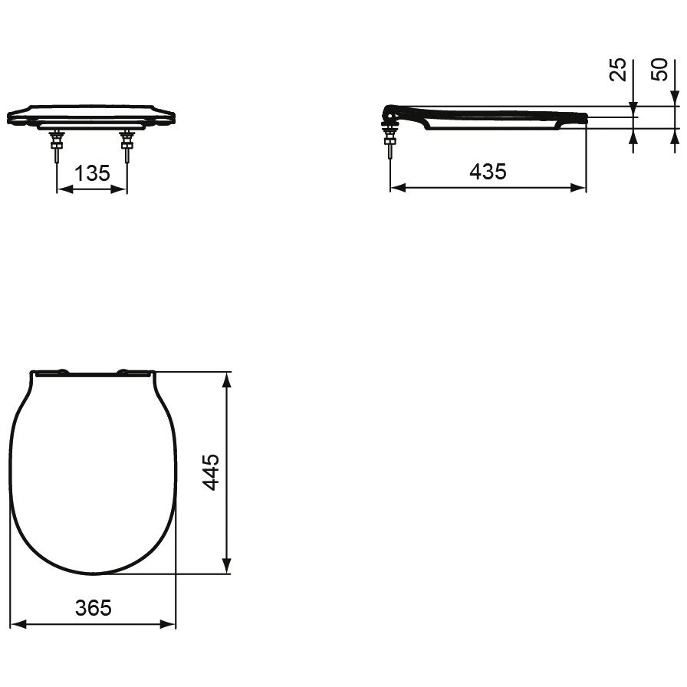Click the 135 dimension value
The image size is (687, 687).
[92, 173]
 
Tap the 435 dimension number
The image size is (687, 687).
[488, 172]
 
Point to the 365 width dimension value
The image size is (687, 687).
[94, 608]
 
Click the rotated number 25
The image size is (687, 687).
[618, 70]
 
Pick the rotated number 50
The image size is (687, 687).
[659, 70]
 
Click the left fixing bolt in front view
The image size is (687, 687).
[57, 146]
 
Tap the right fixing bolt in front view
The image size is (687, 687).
[127, 146]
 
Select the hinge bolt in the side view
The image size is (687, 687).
[390, 141]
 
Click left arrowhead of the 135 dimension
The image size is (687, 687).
[65, 189]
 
